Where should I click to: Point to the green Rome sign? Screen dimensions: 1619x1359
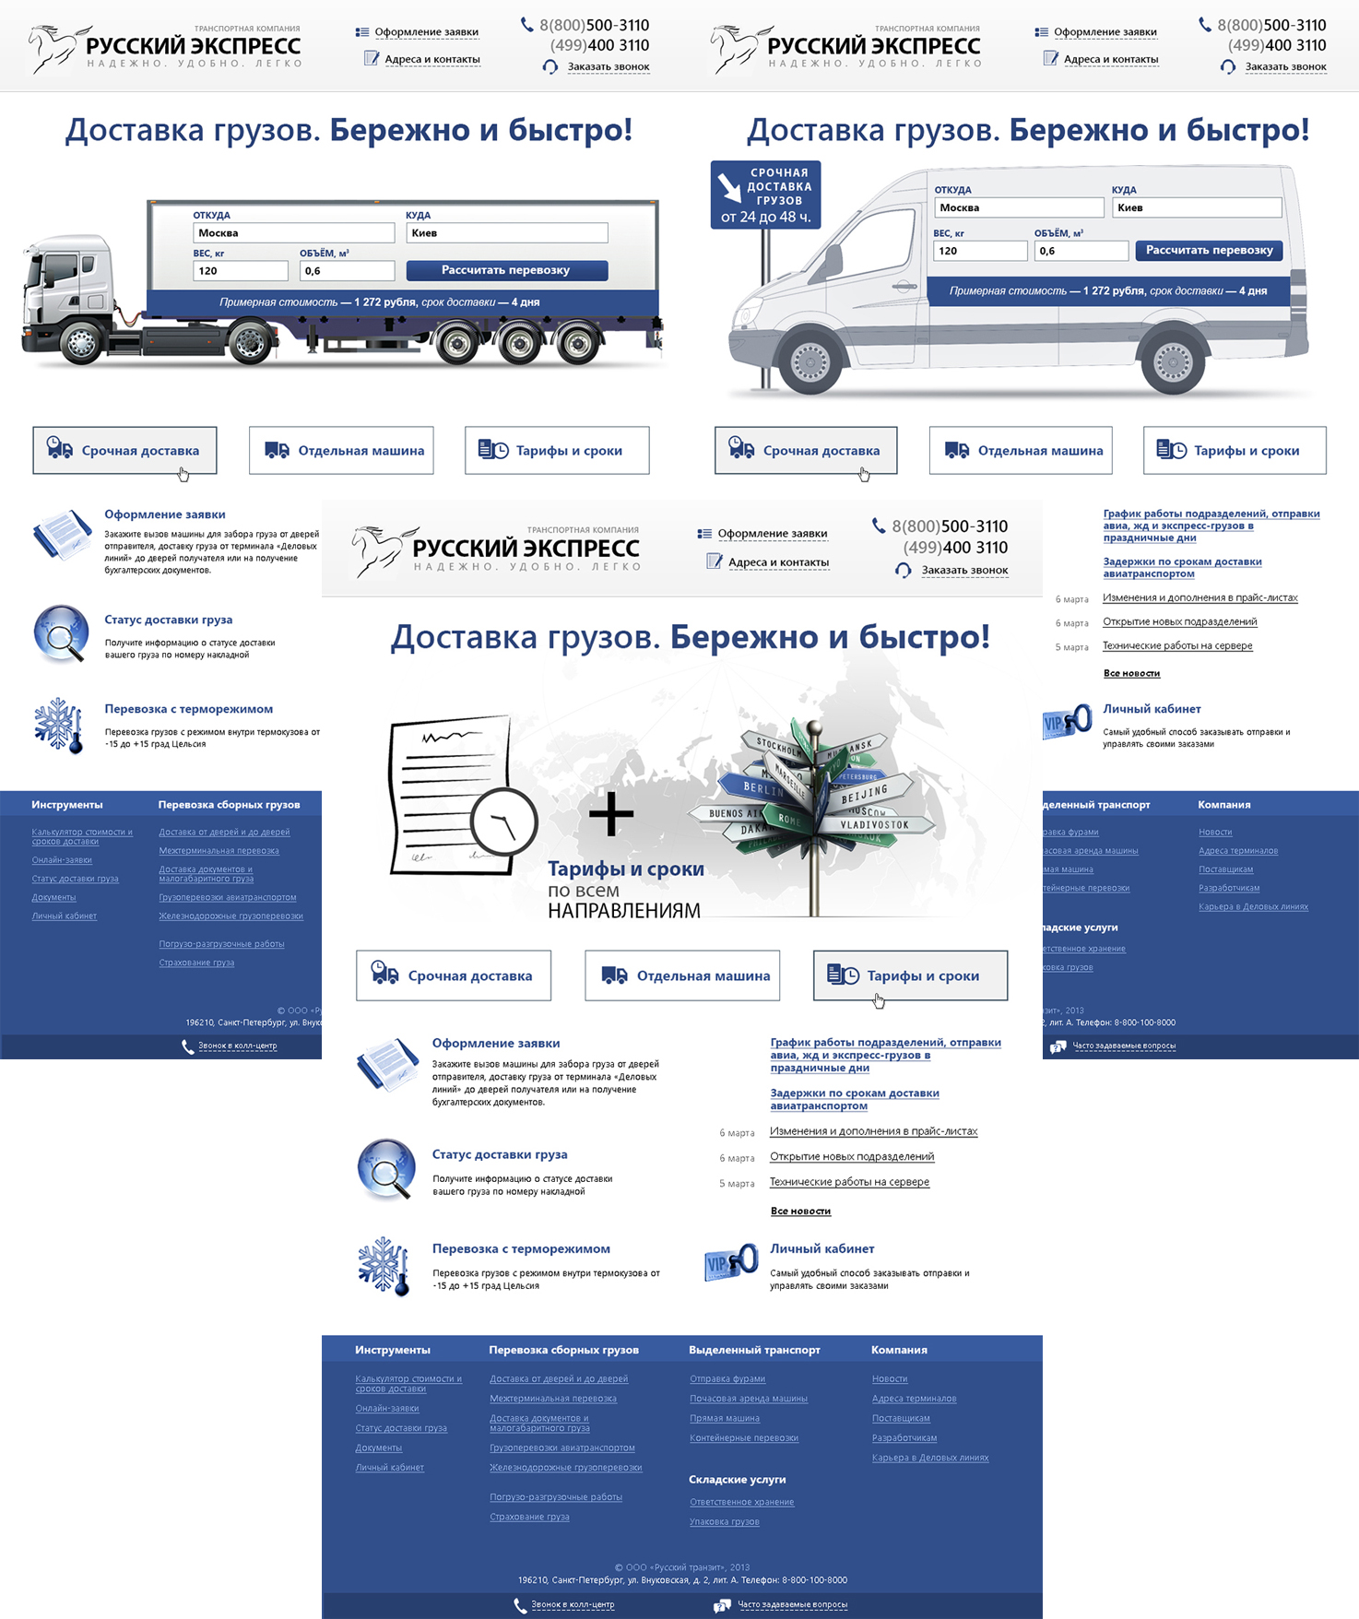pos(789,819)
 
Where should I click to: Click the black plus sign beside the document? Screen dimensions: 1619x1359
pos(611,814)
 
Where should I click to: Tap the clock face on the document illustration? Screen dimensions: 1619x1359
pos(504,820)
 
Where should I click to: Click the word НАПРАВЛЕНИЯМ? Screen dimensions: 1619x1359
pos(624,911)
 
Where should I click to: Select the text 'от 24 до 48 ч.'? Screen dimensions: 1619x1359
pos(765,218)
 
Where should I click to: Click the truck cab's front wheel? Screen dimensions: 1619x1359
pos(81,343)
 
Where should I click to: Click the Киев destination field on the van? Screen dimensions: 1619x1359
pos(1196,208)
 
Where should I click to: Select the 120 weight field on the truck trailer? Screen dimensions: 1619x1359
pos(240,271)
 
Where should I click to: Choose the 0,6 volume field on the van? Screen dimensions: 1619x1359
pos(1081,251)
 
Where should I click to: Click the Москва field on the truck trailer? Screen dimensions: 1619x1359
pos(293,233)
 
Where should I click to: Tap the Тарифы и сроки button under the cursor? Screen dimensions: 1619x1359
pos(910,975)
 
